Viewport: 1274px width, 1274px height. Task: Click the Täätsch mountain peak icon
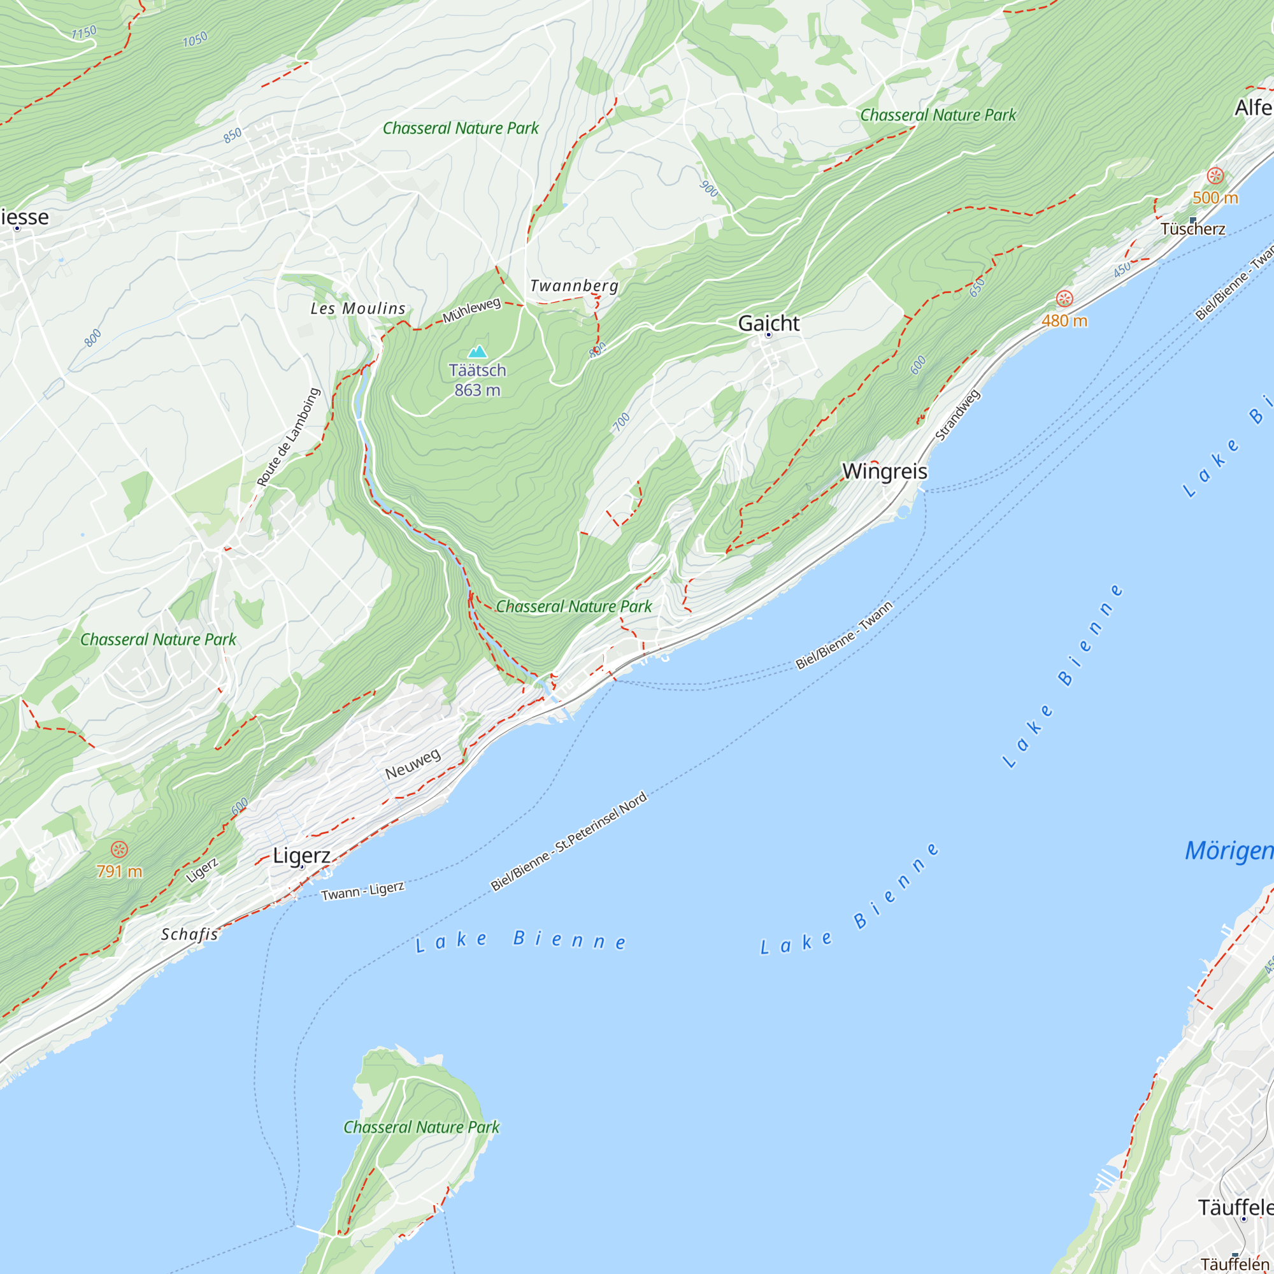(476, 352)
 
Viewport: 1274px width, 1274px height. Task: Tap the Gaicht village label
(768, 323)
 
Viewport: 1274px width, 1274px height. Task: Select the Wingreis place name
(884, 471)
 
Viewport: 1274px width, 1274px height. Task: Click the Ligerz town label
(301, 855)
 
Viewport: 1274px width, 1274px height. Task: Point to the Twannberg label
(574, 285)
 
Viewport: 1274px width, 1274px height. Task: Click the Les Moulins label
(358, 308)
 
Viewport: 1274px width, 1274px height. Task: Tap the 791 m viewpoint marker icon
(118, 849)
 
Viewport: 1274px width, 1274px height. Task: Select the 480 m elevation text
(1064, 321)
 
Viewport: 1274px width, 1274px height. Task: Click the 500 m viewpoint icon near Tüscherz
(1215, 176)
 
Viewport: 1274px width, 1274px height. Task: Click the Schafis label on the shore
(189, 934)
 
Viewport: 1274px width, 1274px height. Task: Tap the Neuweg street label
(413, 764)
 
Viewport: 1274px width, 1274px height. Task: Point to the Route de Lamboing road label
(288, 437)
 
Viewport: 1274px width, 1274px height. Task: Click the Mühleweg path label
(471, 310)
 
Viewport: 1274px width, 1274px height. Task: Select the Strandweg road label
(957, 415)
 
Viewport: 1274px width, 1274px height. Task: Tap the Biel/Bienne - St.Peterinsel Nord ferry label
(568, 842)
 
